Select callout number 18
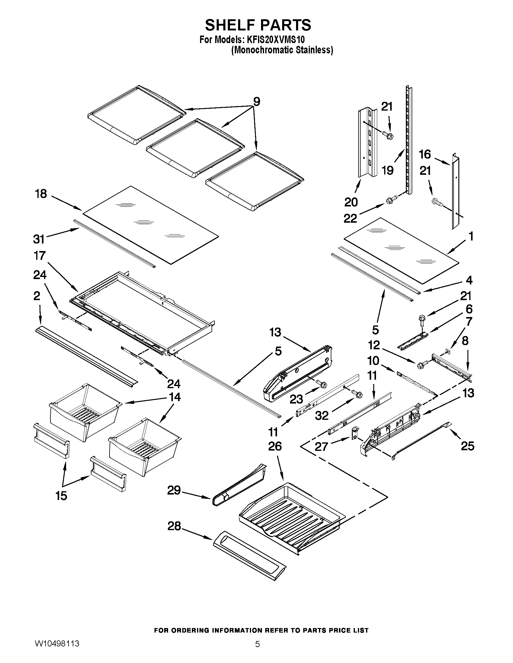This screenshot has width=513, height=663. click(41, 194)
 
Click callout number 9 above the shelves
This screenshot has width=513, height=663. click(256, 102)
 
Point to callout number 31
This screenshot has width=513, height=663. click(39, 239)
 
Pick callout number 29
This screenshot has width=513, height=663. click(174, 490)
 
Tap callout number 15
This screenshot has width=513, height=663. click(61, 496)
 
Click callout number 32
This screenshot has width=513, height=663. click(322, 415)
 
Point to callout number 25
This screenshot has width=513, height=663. click(467, 446)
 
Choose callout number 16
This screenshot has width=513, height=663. click(425, 154)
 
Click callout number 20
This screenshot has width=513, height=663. click(351, 202)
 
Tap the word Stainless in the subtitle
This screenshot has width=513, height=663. click(315, 50)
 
